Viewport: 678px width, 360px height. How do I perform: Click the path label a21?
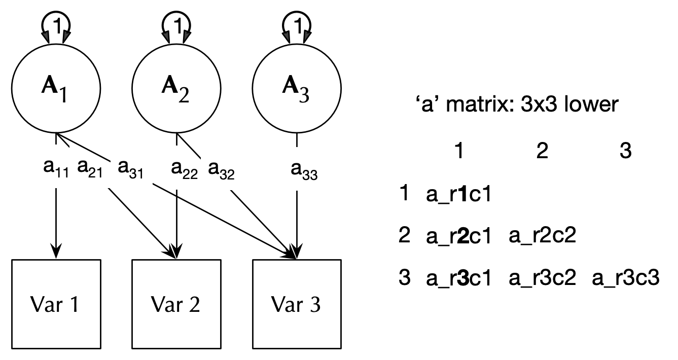90,169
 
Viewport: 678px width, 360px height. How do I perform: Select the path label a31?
130,169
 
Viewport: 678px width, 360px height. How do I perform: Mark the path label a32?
221,169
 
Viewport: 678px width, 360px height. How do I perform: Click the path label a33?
304,169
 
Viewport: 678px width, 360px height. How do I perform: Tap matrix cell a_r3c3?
626,279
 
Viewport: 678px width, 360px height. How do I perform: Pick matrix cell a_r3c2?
542,279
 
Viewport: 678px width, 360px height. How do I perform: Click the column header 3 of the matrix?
626,152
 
